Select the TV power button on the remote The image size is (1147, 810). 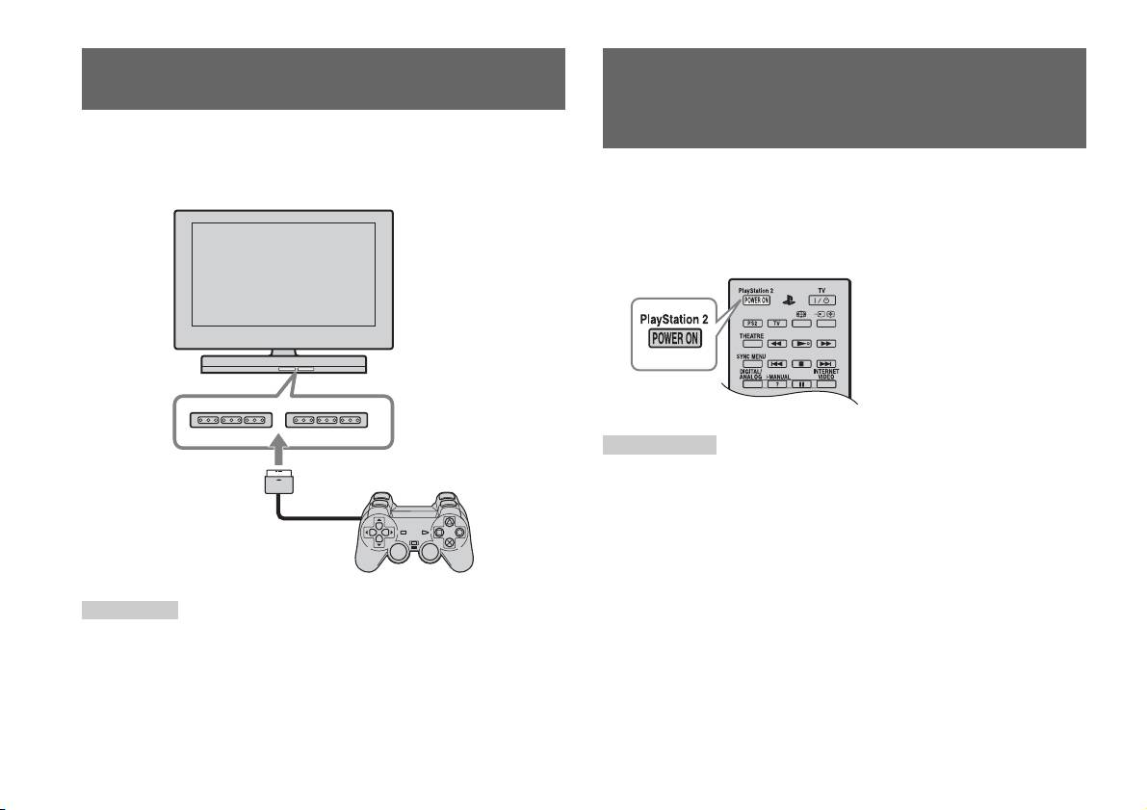(821, 300)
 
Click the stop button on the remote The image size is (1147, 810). (800, 364)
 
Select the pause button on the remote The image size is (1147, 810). (800, 384)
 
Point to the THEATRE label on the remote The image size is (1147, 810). (752, 335)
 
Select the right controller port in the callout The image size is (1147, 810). (328, 420)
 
